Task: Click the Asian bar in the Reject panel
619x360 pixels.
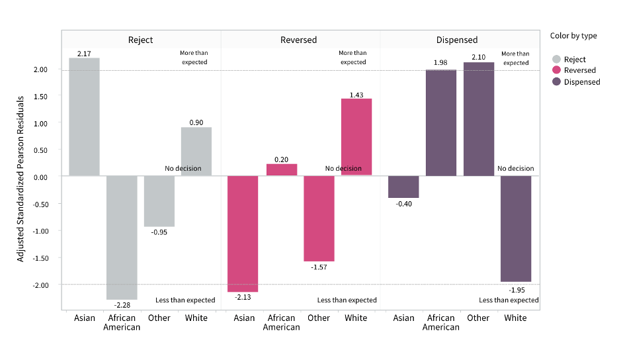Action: tap(84, 117)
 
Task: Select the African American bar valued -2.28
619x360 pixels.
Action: tap(122, 238)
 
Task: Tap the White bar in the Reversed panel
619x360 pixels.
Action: tap(356, 137)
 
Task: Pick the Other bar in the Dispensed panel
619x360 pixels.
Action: tap(478, 119)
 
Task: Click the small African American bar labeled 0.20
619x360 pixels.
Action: tap(281, 169)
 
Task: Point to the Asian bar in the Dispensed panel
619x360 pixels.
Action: tap(403, 187)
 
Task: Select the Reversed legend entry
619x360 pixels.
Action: tap(579, 70)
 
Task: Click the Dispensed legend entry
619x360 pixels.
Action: tap(582, 82)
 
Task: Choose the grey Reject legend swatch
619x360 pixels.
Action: tap(557, 60)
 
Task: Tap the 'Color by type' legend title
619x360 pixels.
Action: tap(573, 36)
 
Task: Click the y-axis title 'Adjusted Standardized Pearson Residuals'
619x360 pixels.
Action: tap(21, 178)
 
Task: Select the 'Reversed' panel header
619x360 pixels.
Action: tap(300, 40)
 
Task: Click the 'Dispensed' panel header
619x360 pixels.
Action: tap(457, 40)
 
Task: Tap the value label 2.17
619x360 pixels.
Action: tap(84, 53)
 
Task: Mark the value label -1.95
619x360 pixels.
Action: tap(516, 290)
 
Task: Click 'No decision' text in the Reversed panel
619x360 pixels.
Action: tap(343, 169)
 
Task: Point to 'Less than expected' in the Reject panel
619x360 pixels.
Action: tap(185, 300)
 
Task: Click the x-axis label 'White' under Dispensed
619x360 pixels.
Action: tap(515, 318)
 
